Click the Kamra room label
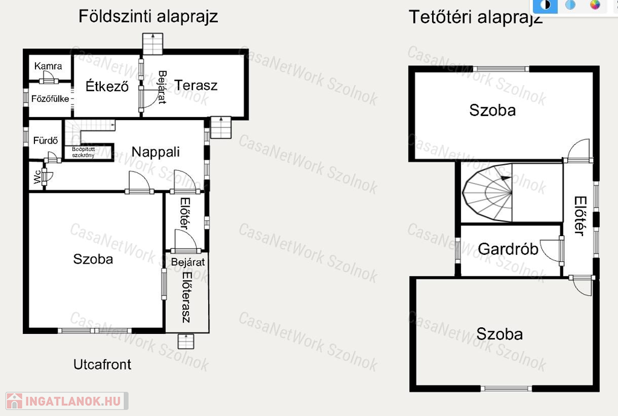pos(48,66)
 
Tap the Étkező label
pos(107,86)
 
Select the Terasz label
pos(196,85)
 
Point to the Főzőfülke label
pos(50,98)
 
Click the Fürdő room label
pos(45,140)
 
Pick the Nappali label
pos(156,152)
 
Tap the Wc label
pos(37,177)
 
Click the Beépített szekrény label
pos(83,152)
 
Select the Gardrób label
pos(508,249)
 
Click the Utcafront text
pos(103,364)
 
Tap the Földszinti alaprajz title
pos(148,16)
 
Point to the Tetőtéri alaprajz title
pos(476,18)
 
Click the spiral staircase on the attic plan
pos(487,193)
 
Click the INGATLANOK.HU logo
pos(67,401)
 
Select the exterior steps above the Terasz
pos(153,43)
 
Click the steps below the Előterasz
pos(186,342)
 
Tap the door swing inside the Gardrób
pos(550,250)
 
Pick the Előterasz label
pos(186,297)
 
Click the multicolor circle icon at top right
pos(594,5)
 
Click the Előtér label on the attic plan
pos(580,216)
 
